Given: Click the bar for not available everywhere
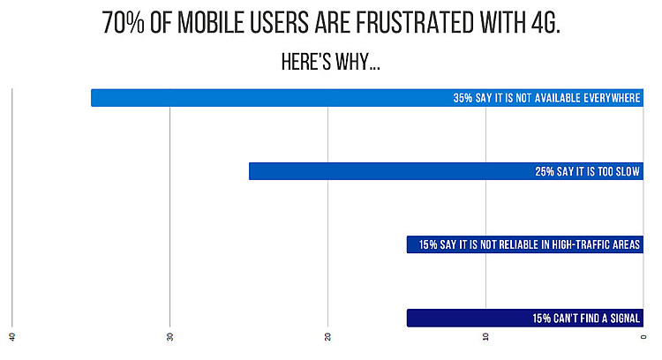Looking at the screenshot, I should point(265,98).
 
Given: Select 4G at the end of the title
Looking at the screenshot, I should point(543,24).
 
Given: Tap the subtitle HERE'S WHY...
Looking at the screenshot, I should point(330,64).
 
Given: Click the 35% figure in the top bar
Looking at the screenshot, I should point(463,98).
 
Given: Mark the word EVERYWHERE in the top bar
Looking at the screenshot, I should point(608,98).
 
